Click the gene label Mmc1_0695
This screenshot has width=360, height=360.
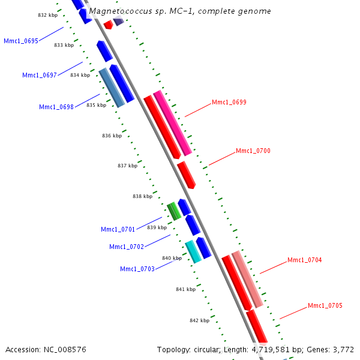coord(21,41)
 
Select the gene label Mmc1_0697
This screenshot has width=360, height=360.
coord(40,75)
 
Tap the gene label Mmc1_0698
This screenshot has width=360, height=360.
coord(56,107)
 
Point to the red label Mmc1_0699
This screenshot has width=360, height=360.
coord(229,102)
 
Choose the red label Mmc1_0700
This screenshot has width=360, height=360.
coord(253,151)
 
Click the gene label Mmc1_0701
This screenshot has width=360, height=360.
coord(118,229)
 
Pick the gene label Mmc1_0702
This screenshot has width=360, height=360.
coord(127,247)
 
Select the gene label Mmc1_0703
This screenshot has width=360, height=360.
coord(137,268)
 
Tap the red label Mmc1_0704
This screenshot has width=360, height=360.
coord(305,260)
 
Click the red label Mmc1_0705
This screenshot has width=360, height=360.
coord(325,305)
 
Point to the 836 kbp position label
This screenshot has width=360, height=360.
coord(112,136)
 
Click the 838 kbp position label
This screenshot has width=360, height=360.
coord(142,196)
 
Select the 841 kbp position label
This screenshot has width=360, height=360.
coord(185,289)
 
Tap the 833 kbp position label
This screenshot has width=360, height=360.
coord(64,45)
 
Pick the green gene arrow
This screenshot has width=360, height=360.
coord(174,211)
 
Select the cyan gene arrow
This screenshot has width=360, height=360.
coord(193,252)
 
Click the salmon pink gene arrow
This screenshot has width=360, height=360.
coord(247,279)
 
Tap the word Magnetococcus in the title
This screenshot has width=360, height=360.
coord(117,11)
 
